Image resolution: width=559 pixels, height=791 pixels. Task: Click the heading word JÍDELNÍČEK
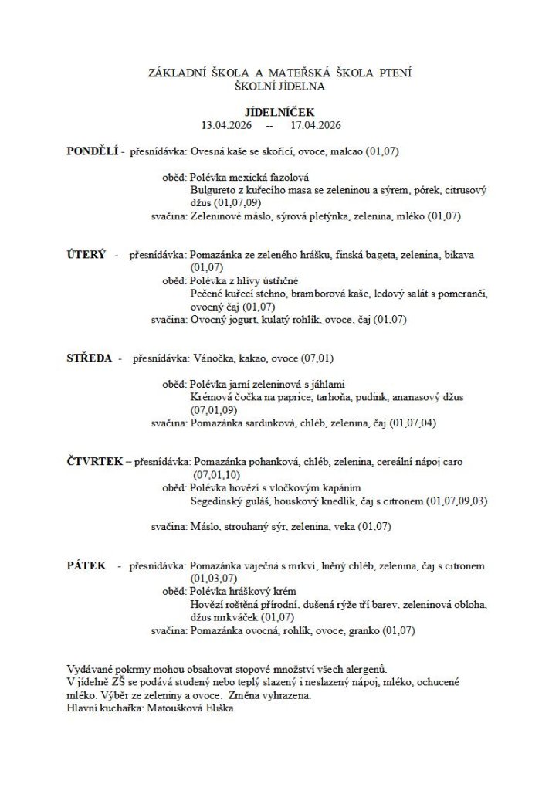coord(279,112)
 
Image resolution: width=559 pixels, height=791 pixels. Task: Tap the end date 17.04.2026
coord(316,124)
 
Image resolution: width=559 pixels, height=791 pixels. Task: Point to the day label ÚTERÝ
coord(86,254)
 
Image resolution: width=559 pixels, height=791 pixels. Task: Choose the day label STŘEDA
coord(90,358)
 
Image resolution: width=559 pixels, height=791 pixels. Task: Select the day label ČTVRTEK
coord(95,461)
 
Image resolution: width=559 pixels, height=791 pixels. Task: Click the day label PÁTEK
coord(86,566)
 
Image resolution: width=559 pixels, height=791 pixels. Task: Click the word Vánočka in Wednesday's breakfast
coord(210,358)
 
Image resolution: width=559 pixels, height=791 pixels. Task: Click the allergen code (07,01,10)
coord(218,474)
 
